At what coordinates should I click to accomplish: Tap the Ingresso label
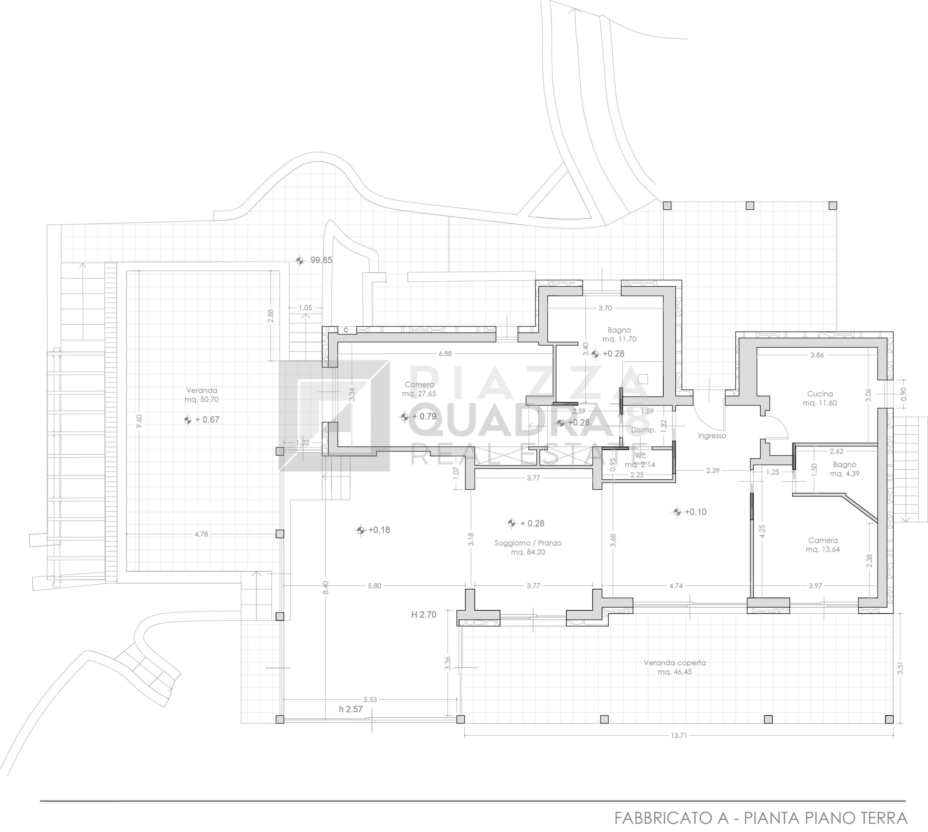pyautogui.click(x=712, y=436)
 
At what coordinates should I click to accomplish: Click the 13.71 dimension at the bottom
pyautogui.click(x=679, y=735)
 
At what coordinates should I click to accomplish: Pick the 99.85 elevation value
pyautogui.click(x=321, y=260)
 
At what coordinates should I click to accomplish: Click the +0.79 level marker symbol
pyautogui.click(x=404, y=417)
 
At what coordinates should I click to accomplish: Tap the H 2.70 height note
pyautogui.click(x=423, y=614)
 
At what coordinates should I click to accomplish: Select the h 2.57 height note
pyautogui.click(x=351, y=709)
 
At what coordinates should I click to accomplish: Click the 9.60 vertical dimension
pyautogui.click(x=139, y=421)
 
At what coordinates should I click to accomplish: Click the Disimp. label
pyautogui.click(x=643, y=430)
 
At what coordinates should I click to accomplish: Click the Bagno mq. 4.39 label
pyautogui.click(x=844, y=469)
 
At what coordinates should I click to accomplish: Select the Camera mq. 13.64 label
pyautogui.click(x=823, y=545)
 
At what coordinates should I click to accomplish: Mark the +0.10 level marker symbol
pyautogui.click(x=677, y=512)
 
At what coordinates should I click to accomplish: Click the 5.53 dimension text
pyautogui.click(x=370, y=699)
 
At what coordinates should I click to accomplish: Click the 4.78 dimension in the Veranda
pyautogui.click(x=201, y=534)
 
